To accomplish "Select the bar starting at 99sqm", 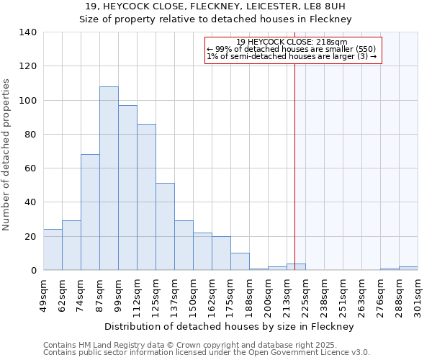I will (127, 188).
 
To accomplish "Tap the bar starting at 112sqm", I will (146, 197).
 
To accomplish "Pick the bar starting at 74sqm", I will (90, 212).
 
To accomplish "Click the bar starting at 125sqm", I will (165, 227).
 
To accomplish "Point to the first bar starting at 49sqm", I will (53, 250).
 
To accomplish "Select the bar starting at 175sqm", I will (240, 262).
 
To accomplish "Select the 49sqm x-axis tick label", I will (43, 293).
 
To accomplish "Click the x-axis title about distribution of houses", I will (230, 326).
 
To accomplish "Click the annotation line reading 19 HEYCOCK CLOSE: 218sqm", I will (292, 42).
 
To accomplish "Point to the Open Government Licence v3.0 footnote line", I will (207, 352).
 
